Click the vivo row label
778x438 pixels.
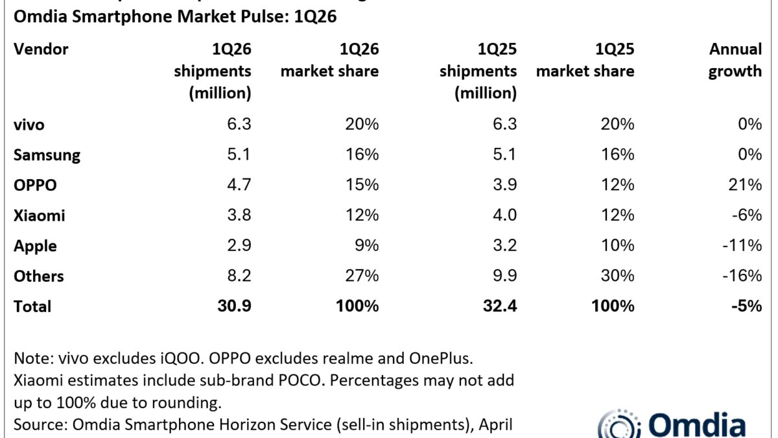pos(29,125)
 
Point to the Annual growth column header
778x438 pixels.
pos(735,60)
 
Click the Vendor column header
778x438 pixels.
pos(41,49)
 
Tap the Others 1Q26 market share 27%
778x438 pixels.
pos(362,276)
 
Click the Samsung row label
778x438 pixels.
pos(47,155)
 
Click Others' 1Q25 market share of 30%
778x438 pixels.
pos(617,276)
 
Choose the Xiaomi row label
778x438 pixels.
pos(39,215)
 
